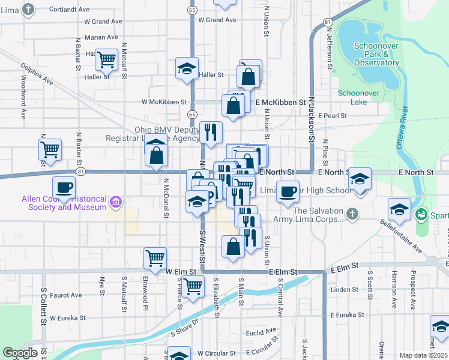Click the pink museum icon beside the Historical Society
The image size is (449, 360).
click(x=115, y=200)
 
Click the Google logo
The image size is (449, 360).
click(x=20, y=353)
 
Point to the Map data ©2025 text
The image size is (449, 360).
click(x=423, y=355)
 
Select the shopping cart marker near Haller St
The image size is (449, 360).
click(x=106, y=59)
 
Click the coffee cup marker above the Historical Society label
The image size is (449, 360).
click(x=64, y=187)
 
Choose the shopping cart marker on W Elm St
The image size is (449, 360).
click(x=155, y=259)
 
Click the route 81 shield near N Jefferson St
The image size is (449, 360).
click(x=327, y=22)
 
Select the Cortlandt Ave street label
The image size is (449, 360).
click(x=69, y=10)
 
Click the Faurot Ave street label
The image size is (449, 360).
click(x=65, y=295)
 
